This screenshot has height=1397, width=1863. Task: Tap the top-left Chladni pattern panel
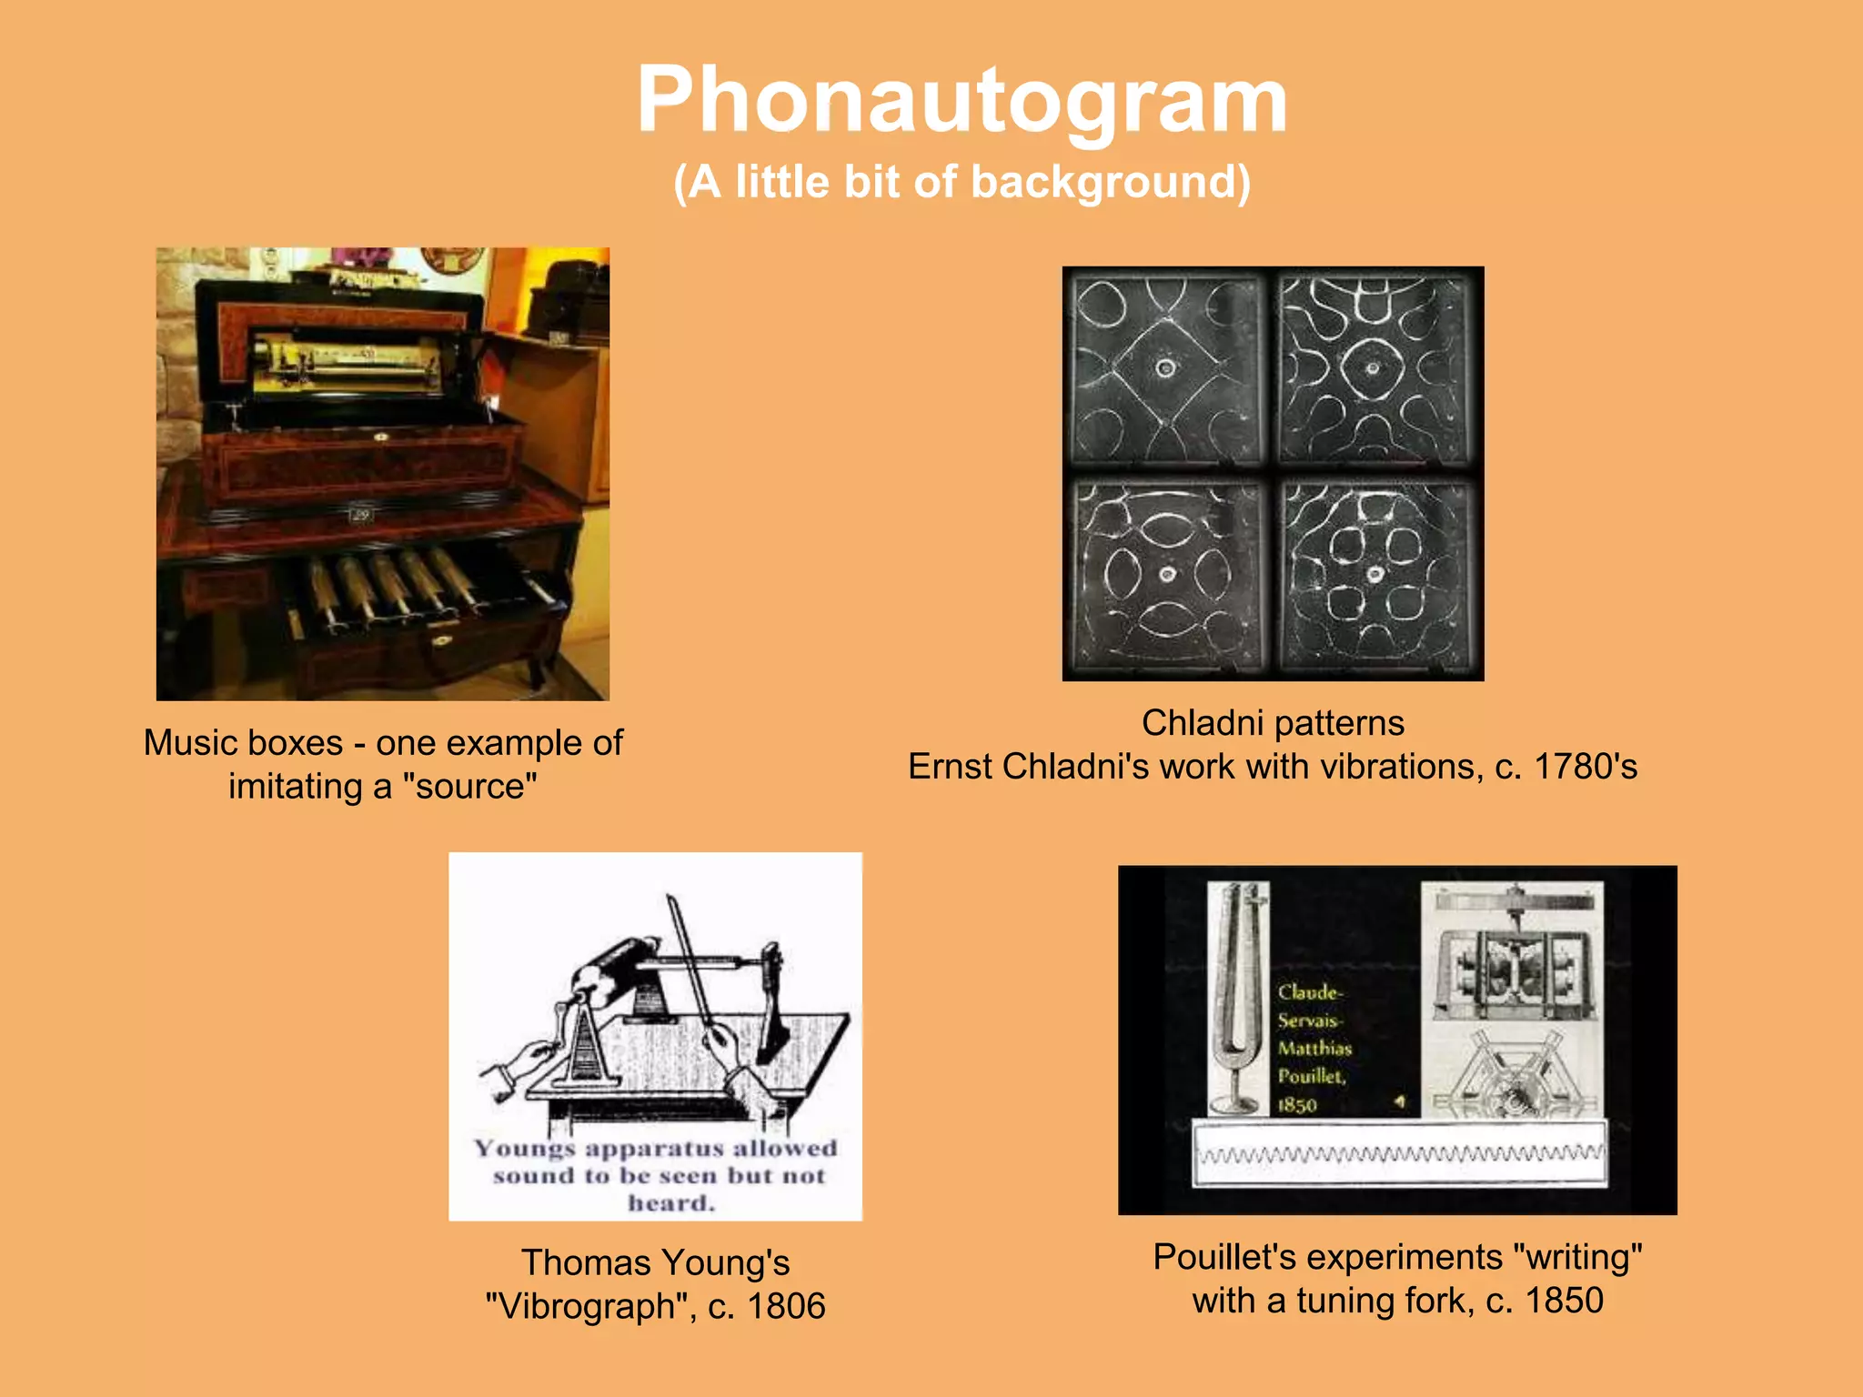(1167, 368)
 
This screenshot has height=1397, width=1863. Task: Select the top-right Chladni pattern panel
(1374, 368)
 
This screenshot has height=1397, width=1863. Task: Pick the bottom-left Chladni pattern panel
(1167, 575)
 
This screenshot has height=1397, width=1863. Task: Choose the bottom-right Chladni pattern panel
(1375, 575)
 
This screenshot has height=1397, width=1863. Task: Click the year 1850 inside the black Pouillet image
(1297, 1105)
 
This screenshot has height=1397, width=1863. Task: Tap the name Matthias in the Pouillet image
(1314, 1049)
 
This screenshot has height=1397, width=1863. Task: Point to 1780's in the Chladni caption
(1586, 767)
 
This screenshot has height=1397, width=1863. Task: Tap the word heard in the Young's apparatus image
(671, 1203)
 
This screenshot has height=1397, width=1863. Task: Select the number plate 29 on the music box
(361, 516)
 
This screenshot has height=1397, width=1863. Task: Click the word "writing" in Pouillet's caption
(1577, 1257)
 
